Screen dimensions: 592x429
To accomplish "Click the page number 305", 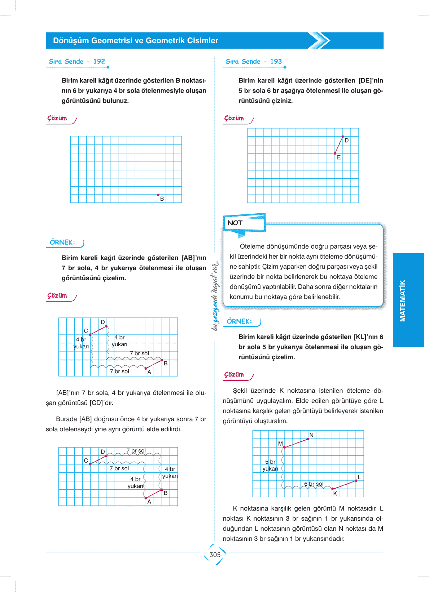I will tap(215, 555).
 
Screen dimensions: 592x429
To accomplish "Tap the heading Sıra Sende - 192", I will tap(77, 62).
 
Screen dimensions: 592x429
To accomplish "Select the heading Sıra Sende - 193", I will tap(254, 62).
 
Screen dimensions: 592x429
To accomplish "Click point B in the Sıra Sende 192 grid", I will tap(158, 195).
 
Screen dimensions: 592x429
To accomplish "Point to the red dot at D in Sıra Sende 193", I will tap(343, 137).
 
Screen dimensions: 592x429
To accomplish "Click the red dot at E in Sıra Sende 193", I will tap(335, 153).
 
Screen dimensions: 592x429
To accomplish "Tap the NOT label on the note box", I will tap(235, 223).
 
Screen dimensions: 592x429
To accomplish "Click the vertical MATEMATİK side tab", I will tap(403, 300).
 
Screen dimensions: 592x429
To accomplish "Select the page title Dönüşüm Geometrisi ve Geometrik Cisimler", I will tap(136, 41).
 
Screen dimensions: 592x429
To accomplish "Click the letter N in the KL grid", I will tap(311, 435).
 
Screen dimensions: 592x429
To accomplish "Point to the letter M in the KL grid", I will tap(280, 444).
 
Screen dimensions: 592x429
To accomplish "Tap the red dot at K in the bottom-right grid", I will tap(332, 489).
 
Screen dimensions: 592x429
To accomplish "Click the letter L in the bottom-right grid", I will tap(359, 477).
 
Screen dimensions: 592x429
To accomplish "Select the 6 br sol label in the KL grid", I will tap(314, 484).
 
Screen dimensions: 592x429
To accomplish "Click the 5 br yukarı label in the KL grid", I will tap(270, 465).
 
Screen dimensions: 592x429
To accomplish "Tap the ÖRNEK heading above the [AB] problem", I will tap(62, 242).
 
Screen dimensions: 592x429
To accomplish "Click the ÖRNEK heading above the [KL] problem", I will tap(239, 321).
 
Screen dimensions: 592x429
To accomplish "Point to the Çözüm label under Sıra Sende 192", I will tap(57, 118).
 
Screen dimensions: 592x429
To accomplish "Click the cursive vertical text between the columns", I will tap(215, 295).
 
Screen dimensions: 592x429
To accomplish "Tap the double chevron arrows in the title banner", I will tap(319, 40).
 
